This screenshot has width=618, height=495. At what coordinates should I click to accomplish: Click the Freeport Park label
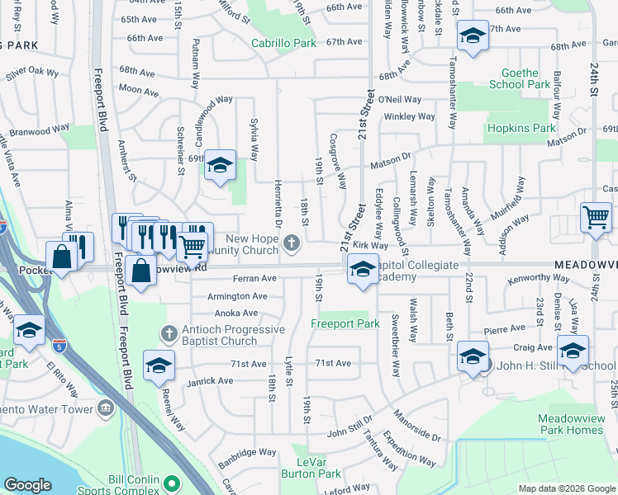pyautogui.click(x=345, y=324)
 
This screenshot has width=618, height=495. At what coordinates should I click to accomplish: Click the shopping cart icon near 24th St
pyautogui.click(x=596, y=218)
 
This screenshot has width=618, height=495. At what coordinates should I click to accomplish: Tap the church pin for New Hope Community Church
pyautogui.click(x=291, y=243)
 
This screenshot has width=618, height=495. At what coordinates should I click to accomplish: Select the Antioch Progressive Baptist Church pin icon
pyautogui.click(x=169, y=333)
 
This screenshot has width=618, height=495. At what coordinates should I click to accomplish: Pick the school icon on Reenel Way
pyautogui.click(x=159, y=365)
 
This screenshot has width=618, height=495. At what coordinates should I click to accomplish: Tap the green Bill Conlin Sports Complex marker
pyautogui.click(x=172, y=483)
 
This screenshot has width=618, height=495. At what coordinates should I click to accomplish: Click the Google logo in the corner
pyautogui.click(x=28, y=485)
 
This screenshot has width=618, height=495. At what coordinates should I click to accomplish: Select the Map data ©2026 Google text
pyautogui.click(x=567, y=488)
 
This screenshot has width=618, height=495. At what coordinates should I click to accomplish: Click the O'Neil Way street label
pyautogui.click(x=399, y=100)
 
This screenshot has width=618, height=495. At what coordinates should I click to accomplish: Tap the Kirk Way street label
pyautogui.click(x=369, y=245)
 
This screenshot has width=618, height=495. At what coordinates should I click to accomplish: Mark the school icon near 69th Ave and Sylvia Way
pyautogui.click(x=221, y=165)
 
